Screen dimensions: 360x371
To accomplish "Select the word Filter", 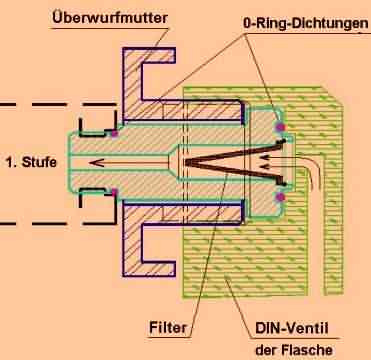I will [166, 327].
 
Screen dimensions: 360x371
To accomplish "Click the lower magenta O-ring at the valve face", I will [280, 198].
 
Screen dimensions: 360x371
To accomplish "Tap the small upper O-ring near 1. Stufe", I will [116, 132].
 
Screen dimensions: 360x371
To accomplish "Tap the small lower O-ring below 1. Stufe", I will [116, 190].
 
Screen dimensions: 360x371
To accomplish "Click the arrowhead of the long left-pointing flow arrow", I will [91, 160].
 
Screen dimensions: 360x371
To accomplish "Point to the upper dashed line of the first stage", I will [40, 102].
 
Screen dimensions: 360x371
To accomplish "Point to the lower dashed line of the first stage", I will [40, 218].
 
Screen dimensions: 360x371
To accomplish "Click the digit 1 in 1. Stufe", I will [10, 160].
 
